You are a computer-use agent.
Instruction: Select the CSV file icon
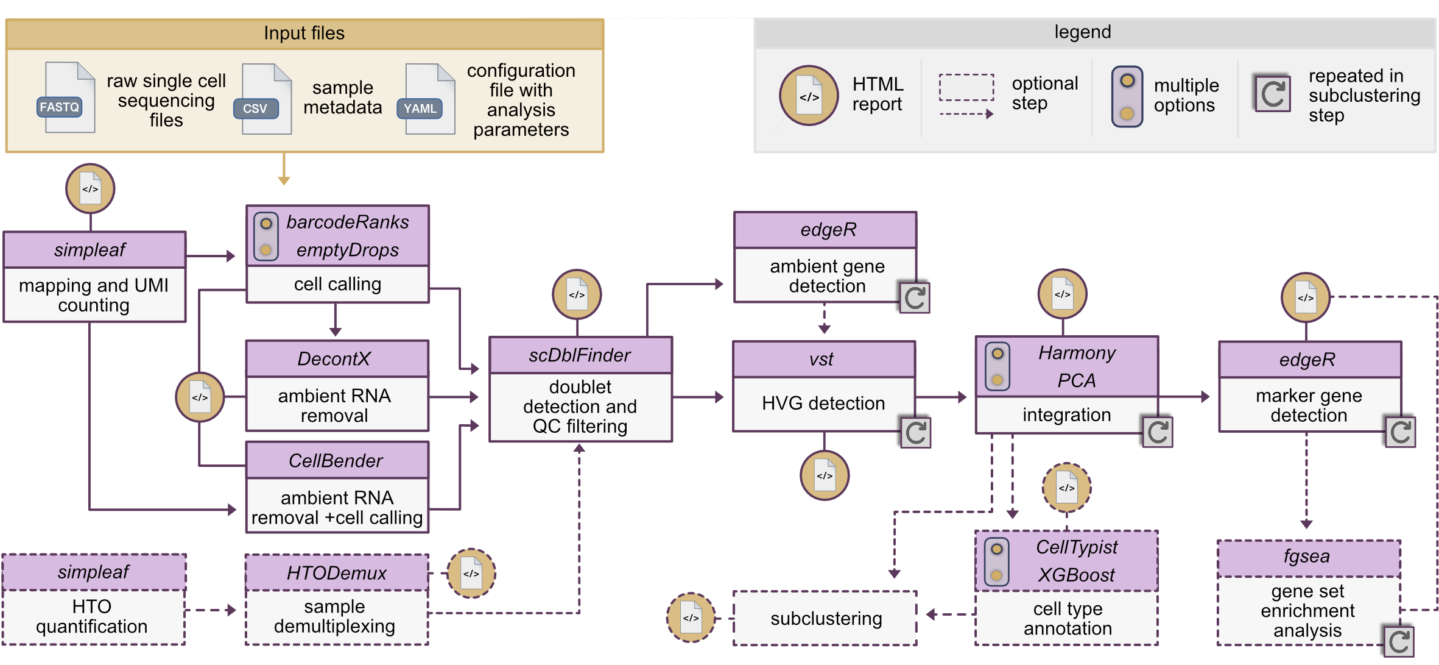point(264,100)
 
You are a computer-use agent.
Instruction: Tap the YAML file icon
point(427,100)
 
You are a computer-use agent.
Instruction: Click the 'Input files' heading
point(304,33)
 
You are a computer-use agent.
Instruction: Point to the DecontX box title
point(334,359)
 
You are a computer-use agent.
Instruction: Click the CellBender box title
point(336,461)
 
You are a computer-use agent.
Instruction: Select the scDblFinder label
point(579,355)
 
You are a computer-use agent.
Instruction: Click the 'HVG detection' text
point(823,404)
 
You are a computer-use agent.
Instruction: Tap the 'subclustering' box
point(825,619)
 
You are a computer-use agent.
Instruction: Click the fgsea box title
point(1307,557)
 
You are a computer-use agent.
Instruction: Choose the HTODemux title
point(336,573)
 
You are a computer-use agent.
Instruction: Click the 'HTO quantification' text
point(92,617)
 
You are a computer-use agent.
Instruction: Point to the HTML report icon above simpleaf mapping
point(90,189)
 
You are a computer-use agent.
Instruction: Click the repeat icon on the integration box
point(1156,433)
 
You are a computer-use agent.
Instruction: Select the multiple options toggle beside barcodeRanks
point(266,236)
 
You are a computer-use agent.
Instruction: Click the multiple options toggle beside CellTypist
point(996,561)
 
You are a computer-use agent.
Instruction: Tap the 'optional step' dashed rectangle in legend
point(966,88)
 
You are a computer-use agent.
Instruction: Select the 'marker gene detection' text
point(1309,406)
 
